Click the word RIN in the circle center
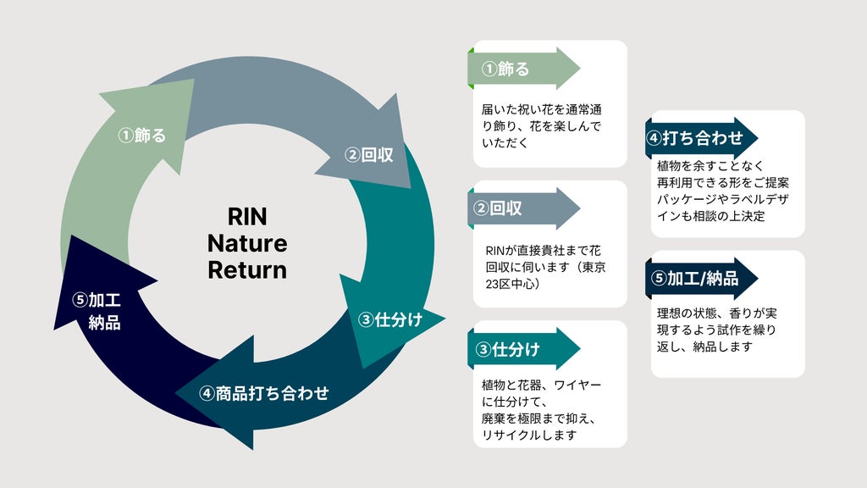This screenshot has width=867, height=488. [247, 216]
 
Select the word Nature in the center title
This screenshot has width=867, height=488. [247, 243]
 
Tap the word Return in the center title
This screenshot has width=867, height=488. [247, 270]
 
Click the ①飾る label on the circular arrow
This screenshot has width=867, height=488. [142, 135]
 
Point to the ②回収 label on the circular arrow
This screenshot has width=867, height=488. [369, 155]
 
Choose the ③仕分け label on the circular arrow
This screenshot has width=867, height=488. [390, 319]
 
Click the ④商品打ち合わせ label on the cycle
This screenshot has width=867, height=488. [264, 393]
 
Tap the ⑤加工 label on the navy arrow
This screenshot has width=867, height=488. [97, 301]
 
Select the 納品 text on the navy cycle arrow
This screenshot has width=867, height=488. [104, 323]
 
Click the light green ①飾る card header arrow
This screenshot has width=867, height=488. [523, 69]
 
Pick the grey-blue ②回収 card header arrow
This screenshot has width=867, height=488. [523, 208]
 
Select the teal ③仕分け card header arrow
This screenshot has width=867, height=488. [523, 349]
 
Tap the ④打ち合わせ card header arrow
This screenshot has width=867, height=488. [702, 138]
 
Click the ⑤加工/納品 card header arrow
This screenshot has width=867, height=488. [702, 278]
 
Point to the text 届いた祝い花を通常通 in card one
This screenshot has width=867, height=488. [541, 109]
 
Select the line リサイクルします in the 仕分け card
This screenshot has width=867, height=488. [529, 435]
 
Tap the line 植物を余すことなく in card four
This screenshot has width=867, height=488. [710, 165]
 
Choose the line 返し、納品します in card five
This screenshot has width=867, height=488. [705, 347]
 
